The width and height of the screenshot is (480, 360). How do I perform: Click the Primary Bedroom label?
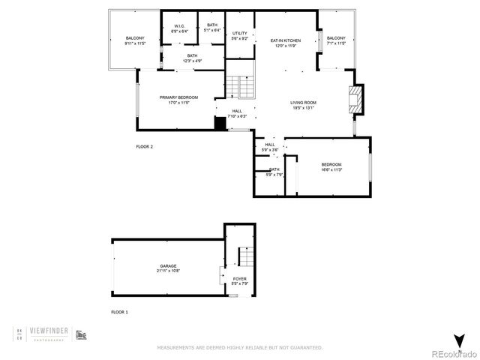click(178, 100)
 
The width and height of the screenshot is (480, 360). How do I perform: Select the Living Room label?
click(304, 105)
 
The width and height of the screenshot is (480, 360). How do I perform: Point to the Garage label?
click(168, 268)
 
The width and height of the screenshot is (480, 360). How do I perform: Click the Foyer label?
click(239, 281)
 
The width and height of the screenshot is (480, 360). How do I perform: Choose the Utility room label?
click(239, 35)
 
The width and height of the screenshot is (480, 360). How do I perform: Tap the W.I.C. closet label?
click(180, 28)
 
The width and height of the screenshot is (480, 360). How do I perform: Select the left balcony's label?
click(135, 40)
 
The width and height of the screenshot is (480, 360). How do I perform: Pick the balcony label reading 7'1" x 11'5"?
click(336, 40)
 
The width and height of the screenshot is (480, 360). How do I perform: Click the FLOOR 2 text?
click(144, 147)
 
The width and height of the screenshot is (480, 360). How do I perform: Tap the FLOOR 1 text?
click(120, 311)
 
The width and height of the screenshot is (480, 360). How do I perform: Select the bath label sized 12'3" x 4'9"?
click(193, 57)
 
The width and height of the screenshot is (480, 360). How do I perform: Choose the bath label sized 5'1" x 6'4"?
click(212, 28)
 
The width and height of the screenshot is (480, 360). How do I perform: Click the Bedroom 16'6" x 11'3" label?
click(331, 166)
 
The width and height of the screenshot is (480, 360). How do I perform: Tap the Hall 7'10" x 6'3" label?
click(237, 113)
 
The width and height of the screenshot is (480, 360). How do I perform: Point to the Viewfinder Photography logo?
click(51, 333)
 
